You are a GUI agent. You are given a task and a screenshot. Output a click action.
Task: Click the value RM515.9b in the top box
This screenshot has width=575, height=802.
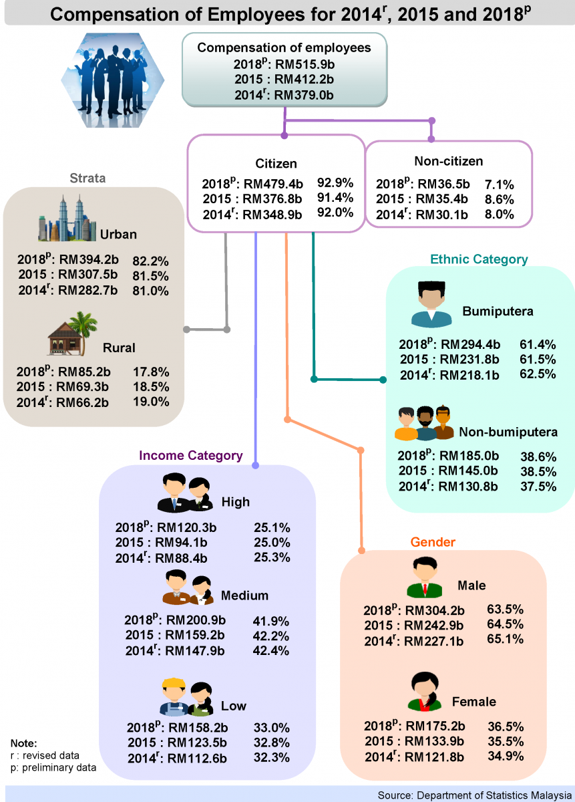point(305,65)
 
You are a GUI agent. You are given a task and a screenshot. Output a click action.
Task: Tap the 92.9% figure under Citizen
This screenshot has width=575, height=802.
point(335,182)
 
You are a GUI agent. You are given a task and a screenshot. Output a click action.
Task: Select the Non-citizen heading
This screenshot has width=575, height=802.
point(448,161)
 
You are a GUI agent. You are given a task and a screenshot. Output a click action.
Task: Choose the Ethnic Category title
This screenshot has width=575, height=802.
point(479,259)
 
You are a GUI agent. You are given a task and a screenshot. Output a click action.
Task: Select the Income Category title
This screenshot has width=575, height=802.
point(190,455)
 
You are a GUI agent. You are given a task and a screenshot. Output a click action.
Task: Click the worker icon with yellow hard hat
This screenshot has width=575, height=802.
point(174,698)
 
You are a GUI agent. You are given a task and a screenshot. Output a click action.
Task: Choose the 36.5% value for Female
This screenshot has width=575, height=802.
point(505,726)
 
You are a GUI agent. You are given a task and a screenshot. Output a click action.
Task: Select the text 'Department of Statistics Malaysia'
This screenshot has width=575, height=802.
point(494,795)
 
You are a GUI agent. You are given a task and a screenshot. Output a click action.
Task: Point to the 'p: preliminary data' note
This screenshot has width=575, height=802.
point(53,768)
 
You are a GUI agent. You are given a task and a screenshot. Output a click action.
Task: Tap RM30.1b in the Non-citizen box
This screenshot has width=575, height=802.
point(441,214)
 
